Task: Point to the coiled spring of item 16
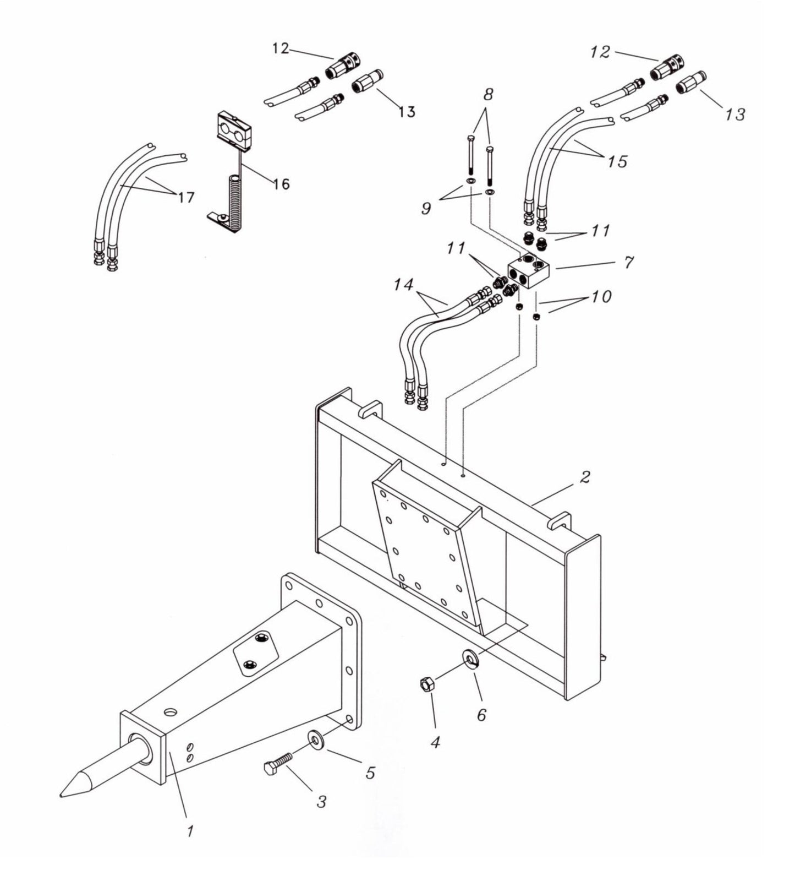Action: pyautogui.click(x=234, y=201)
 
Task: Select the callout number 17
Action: pyautogui.click(x=186, y=196)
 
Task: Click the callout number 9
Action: pyautogui.click(x=426, y=209)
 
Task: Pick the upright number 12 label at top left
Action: pyautogui.click(x=280, y=48)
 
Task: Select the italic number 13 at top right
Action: pyautogui.click(x=735, y=114)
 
